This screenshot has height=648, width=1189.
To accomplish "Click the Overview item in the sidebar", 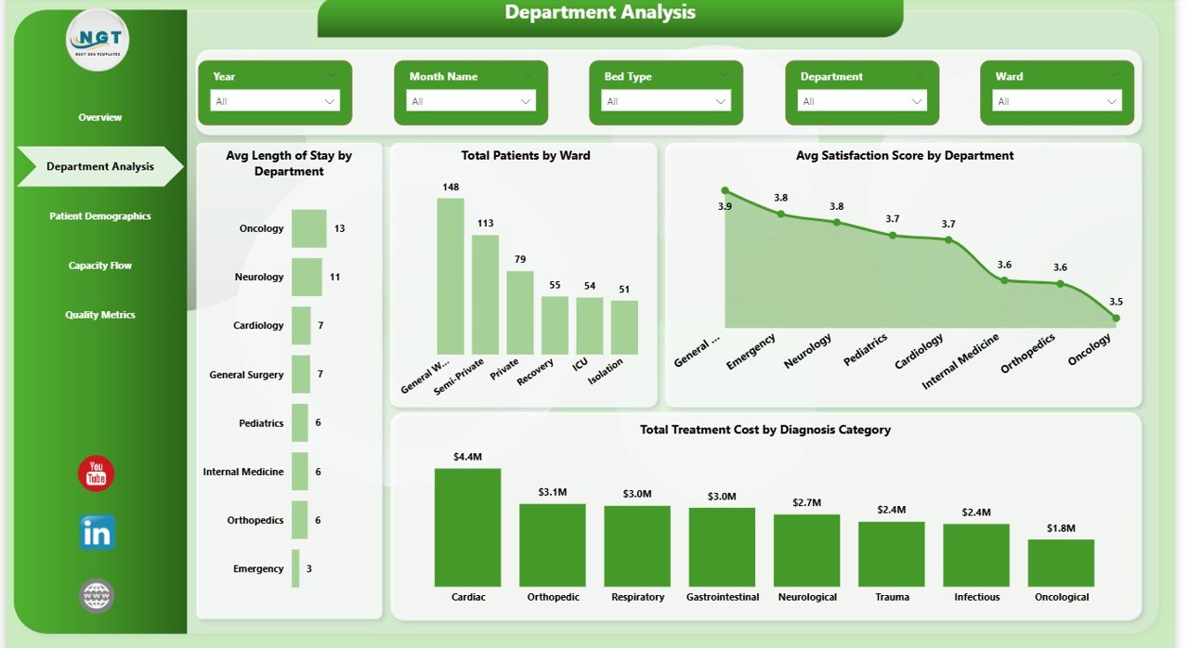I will pos(100,117).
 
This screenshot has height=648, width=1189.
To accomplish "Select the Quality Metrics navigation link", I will pos(100,315).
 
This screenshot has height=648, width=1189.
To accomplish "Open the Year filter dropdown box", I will pos(275,101).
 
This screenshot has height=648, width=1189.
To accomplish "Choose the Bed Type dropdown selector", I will pos(665,101).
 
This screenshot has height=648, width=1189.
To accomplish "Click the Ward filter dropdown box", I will pos(1056,101).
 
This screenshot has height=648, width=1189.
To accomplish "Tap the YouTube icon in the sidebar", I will pos(97,474).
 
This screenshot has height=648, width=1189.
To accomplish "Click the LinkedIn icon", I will pos(97,533).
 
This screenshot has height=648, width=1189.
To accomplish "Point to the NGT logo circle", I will pos(98,41).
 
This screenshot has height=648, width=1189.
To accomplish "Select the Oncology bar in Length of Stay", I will pos(308,228).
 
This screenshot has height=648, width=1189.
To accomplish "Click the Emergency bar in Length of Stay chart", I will pos(295,568).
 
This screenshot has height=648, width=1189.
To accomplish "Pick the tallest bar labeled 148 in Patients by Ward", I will pos(451,276).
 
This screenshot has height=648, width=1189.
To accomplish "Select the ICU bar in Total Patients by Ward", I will pos(589,325).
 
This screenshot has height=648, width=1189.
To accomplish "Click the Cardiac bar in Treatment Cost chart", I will pos(467,526).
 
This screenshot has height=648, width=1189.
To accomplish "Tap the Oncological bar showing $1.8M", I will pos(1061,563).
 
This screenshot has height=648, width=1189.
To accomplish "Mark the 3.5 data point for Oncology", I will pos(1116,318).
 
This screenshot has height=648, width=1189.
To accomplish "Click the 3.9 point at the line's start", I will pos(725,190).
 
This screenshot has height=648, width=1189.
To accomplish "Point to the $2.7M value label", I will pos(806,502).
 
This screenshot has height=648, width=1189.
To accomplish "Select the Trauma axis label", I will pos(892,597).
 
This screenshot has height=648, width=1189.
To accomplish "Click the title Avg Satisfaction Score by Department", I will pos(904,156).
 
